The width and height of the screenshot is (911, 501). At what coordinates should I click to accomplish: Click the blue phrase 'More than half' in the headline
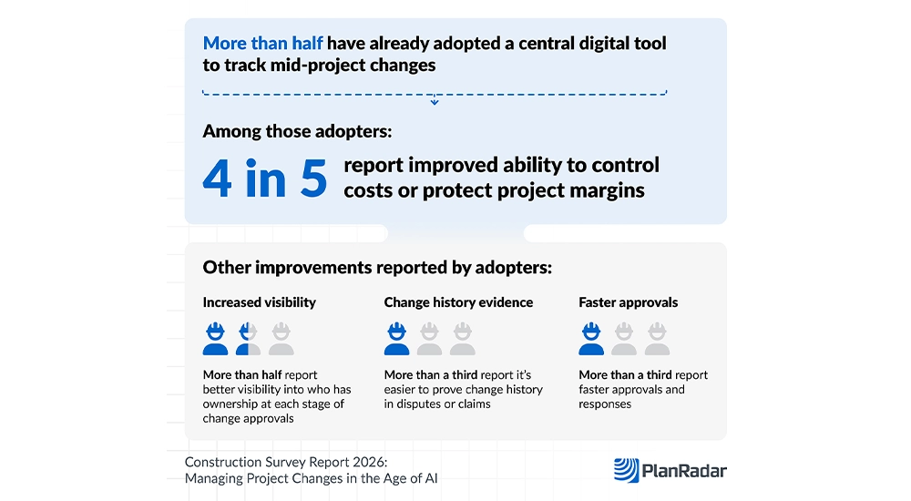[x=262, y=44]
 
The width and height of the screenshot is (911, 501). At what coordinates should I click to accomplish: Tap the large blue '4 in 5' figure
[x=265, y=179]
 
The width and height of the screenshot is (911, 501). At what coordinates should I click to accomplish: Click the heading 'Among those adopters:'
[x=297, y=131]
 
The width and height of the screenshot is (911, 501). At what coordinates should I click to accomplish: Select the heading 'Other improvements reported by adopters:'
[x=377, y=268]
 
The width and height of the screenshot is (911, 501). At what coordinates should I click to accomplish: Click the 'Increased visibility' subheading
[x=259, y=302]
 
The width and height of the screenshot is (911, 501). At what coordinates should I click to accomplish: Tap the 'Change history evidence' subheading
[x=458, y=302]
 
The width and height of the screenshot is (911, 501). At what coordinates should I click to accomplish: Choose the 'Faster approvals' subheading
[x=628, y=302]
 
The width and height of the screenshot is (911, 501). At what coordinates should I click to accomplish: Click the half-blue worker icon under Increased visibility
[x=248, y=339]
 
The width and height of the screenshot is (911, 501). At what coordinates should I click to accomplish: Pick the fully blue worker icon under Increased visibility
[x=215, y=339]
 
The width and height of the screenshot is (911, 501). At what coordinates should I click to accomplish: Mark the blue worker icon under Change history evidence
[x=396, y=339]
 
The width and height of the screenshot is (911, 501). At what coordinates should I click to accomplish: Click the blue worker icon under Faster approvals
[x=591, y=339]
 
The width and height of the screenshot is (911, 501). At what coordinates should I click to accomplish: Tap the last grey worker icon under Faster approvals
[x=657, y=339]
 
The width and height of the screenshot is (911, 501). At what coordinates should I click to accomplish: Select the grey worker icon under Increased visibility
[x=281, y=339]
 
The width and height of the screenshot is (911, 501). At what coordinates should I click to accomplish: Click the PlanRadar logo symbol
[x=627, y=470]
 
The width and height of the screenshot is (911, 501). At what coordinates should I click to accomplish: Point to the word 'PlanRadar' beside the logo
[x=684, y=471]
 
